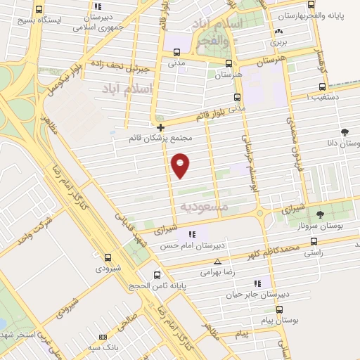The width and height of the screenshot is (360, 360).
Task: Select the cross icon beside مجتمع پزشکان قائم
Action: coord(161,127)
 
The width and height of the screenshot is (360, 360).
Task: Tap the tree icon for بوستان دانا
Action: coord(345,131)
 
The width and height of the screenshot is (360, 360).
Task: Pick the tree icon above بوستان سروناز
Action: coord(321,215)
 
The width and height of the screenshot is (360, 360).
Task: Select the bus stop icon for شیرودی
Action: coord(107,258)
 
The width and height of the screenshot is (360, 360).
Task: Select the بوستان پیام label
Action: coord(279,320)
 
